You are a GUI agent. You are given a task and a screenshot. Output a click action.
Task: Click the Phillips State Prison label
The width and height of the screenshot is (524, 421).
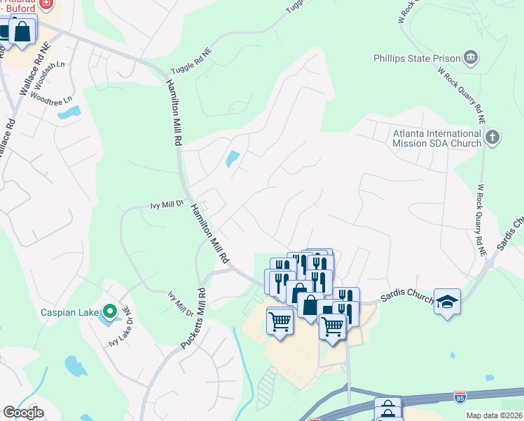click(416, 58)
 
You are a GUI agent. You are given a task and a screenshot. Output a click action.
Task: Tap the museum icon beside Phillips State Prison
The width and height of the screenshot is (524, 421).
click(471, 56)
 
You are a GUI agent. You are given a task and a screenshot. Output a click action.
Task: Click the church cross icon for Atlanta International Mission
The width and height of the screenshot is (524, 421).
click(492, 137)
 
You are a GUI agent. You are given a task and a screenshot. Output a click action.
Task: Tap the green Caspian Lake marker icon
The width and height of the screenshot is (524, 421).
click(109, 310)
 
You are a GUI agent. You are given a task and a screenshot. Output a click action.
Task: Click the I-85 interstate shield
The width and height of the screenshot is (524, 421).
click(460, 397)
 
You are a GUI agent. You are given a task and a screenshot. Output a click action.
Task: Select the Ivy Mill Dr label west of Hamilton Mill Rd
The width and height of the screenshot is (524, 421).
click(167, 205)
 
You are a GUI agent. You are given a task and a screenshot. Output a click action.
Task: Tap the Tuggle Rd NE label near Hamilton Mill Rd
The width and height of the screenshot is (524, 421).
click(191, 62)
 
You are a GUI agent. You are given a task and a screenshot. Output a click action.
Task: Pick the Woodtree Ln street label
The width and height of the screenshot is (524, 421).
click(53, 101)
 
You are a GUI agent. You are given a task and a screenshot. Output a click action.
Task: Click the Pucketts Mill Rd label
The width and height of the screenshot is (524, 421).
click(193, 319)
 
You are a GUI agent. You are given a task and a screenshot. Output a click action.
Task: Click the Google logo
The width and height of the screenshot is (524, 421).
click(23, 413)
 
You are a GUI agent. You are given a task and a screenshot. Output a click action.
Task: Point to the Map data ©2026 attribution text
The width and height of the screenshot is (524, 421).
click(495, 415)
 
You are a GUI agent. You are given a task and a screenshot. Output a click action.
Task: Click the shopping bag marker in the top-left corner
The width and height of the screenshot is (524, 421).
click(22, 32)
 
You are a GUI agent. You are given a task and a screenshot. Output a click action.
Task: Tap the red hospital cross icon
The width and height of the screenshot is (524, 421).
click(46, 3)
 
